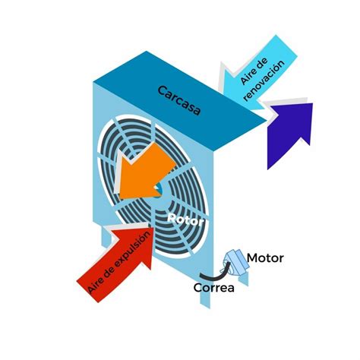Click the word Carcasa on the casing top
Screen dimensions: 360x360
coord(179,101)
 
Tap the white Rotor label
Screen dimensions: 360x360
coord(186,219)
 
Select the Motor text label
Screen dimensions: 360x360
coord(265,258)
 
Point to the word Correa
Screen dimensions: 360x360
coord(214,288)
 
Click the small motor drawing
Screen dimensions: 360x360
coord(235,264)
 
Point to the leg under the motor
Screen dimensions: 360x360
coord(244,279)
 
